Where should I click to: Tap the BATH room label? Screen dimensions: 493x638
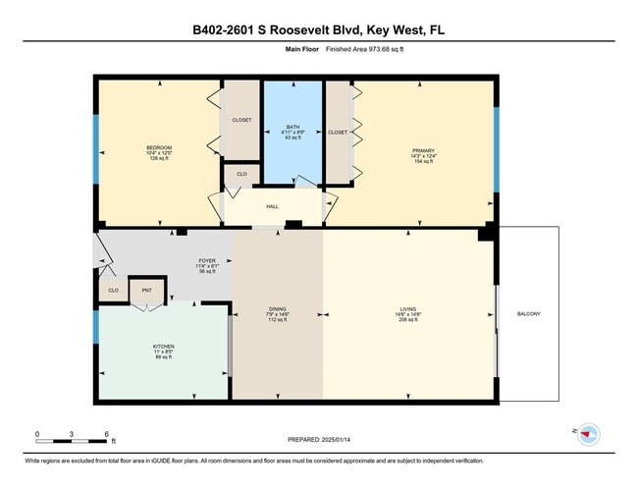[292, 127]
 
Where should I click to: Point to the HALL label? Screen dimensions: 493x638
[273, 206]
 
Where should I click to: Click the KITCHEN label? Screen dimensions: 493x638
[162, 347]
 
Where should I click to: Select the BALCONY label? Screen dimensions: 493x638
[528, 314]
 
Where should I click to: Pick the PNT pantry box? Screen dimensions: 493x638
[147, 291]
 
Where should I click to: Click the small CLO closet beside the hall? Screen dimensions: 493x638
[240, 176]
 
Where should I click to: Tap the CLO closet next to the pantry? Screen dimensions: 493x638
[113, 291]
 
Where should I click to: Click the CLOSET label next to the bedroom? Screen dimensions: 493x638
[241, 120]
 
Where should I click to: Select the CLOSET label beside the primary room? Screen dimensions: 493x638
[338, 132]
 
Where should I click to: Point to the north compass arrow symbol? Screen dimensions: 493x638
[588, 432]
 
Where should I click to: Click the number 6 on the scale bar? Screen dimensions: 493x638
[106, 433]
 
